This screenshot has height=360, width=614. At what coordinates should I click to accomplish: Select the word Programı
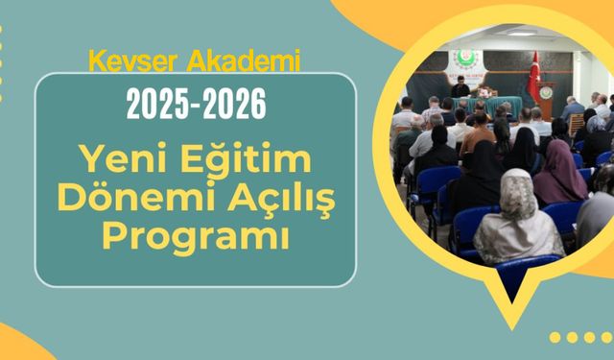pos(196,234)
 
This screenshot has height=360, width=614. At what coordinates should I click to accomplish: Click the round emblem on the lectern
pos(546,93)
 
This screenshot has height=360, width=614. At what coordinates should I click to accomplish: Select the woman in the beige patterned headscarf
pos(519,221)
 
